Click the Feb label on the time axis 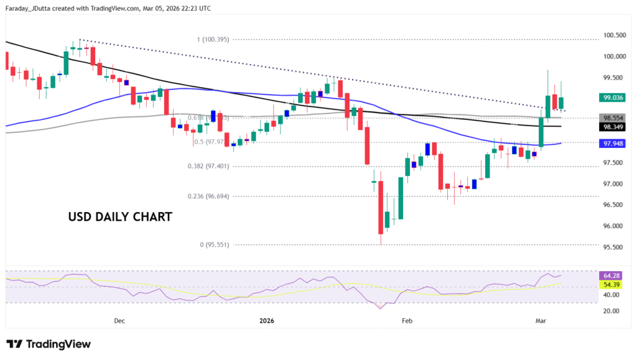point(407,321)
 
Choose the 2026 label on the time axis point(267,321)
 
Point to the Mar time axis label point(541,321)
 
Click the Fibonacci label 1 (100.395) point(213,39)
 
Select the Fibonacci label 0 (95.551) point(215,245)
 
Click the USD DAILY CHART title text point(119,218)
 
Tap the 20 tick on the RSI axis point(613,310)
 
